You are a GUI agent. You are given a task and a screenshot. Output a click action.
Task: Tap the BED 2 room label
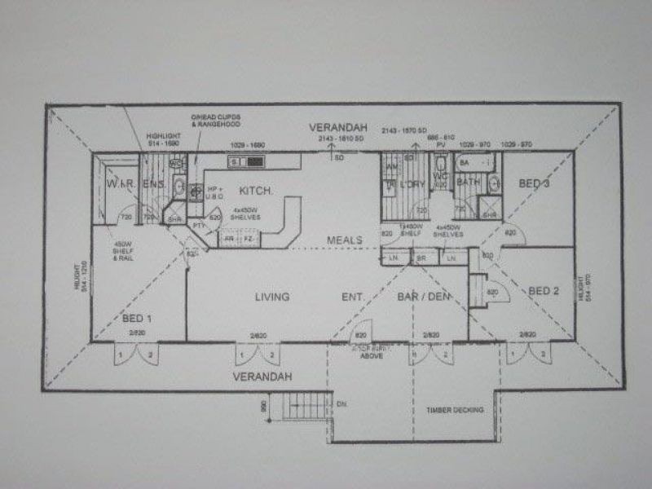pos(544,290)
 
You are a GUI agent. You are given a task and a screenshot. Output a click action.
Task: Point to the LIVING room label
pos(271,297)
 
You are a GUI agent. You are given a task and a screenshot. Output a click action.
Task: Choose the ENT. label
pos(352,297)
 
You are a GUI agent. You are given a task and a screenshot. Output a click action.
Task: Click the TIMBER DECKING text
pos(456,409)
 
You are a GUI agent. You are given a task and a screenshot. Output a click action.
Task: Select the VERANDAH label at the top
pos(338,128)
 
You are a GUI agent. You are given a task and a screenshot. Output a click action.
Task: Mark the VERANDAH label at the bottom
pos(262,377)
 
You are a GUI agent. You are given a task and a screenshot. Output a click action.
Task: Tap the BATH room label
pos(469,183)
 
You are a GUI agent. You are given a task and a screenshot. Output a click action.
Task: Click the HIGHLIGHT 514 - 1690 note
pos(163,140)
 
